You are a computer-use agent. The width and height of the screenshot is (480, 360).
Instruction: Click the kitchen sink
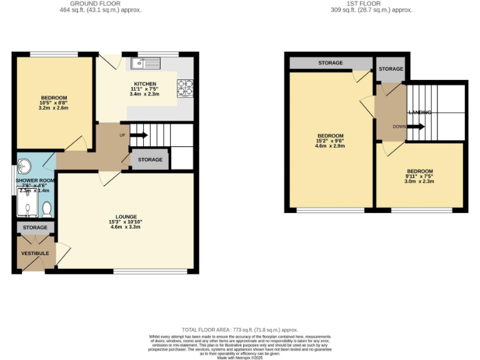[x=145, y=62]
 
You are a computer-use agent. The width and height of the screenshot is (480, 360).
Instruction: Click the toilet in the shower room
[x=46, y=207]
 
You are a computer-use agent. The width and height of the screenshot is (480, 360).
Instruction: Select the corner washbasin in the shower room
[x=26, y=166]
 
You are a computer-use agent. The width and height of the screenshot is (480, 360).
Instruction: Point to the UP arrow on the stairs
[x=139, y=134]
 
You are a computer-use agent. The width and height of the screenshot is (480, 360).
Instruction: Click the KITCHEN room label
[x=145, y=84]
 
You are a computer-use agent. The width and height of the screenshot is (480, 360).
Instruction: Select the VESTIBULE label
[x=34, y=253]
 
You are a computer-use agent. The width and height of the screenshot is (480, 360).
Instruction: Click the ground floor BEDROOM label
[x=54, y=98]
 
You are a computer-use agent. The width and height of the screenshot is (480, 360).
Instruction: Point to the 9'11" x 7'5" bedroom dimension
[x=419, y=177]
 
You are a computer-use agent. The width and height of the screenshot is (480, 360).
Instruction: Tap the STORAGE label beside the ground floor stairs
[x=150, y=160]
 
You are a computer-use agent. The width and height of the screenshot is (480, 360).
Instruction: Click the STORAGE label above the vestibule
[x=35, y=228]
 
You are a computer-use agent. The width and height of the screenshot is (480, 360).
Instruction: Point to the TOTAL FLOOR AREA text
[x=239, y=329]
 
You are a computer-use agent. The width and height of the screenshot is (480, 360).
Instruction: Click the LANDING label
[x=419, y=112]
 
